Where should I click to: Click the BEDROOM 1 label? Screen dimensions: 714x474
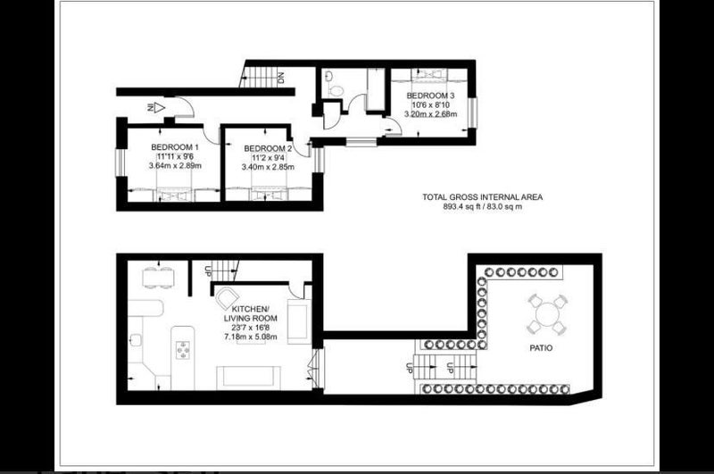[x=175, y=147]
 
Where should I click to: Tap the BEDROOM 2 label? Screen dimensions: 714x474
[x=268, y=148]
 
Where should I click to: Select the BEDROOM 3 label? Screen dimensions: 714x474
[x=430, y=96]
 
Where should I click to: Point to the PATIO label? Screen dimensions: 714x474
[x=541, y=348]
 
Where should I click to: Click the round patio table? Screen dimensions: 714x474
[x=547, y=314]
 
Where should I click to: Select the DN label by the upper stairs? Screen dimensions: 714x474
[x=280, y=78]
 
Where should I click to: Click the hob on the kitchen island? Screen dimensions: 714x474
[x=184, y=350]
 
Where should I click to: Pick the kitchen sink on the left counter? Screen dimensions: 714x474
[x=136, y=340]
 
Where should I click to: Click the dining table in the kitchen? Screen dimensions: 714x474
[x=158, y=278]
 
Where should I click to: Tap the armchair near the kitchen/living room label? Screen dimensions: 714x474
[x=227, y=298]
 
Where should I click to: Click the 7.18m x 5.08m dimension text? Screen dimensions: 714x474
[x=251, y=337]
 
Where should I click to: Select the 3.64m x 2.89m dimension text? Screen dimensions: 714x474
[x=175, y=166]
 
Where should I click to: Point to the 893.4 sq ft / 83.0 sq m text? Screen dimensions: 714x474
[x=482, y=206]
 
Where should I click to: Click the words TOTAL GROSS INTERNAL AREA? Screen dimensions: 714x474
[x=482, y=197]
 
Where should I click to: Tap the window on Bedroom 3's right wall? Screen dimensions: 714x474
[x=472, y=112]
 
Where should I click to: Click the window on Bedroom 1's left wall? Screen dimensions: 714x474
[x=120, y=162]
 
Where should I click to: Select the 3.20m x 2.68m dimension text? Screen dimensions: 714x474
[x=430, y=114]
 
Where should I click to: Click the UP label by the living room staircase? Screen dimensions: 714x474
[x=208, y=271]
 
